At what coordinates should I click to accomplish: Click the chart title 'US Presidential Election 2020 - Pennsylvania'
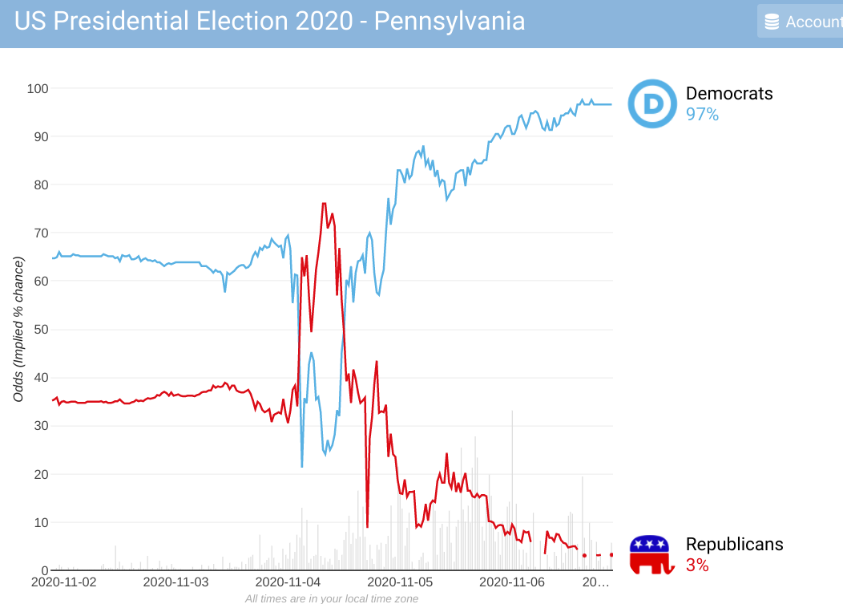point(270,22)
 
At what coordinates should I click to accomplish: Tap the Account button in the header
point(801,22)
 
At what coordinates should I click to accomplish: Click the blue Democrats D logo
point(652,103)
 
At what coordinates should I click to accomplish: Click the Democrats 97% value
point(702,115)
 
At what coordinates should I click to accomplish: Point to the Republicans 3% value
point(697,565)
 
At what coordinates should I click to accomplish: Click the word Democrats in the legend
point(729,93)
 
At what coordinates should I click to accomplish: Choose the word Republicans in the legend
point(734,545)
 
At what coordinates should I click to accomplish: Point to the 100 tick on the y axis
point(37,88)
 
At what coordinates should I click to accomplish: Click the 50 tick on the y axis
point(40,330)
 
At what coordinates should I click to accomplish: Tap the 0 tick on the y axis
point(44,570)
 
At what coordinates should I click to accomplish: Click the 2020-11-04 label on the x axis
point(287,582)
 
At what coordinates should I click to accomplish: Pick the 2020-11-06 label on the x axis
point(511,582)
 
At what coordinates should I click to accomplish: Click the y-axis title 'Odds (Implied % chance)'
point(18,329)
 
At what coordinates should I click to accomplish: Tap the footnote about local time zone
point(331,598)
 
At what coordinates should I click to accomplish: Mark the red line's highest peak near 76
point(324,204)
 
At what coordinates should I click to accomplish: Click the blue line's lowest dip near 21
point(302,466)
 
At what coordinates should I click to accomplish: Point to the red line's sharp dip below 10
point(367,526)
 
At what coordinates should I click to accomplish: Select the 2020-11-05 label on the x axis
point(399,582)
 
